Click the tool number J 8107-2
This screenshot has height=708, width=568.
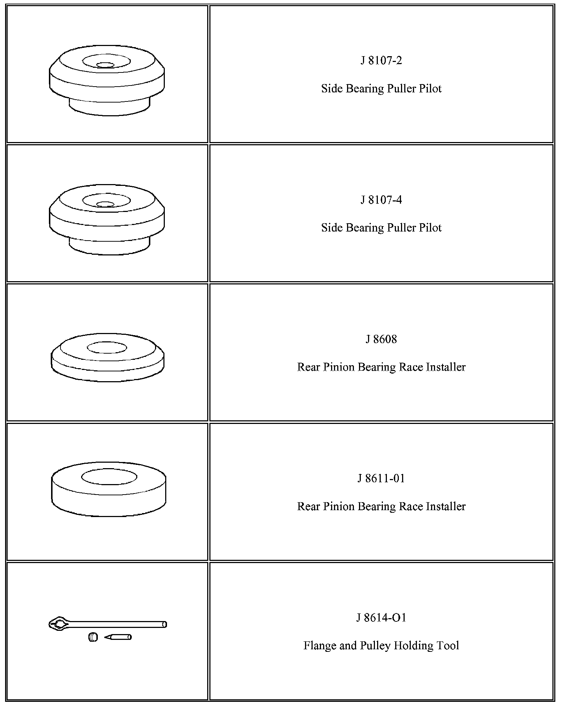pos(381,61)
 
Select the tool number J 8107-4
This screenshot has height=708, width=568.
pos(381,200)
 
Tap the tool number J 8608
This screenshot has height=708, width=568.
pos(381,339)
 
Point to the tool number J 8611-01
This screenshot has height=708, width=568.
pos(381,478)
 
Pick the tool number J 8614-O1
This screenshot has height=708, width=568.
pos(381,617)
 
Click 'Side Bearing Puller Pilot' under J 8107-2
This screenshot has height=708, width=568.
pos(381,89)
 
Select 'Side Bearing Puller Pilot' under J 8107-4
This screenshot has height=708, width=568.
pos(381,228)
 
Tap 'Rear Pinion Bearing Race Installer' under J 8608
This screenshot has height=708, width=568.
pos(381,367)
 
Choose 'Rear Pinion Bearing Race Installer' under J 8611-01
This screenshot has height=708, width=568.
pos(381,506)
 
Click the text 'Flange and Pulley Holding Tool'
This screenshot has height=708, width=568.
pos(381,645)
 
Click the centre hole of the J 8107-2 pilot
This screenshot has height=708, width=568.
pos(105,65)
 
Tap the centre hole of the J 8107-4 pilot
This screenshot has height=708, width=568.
pos(105,204)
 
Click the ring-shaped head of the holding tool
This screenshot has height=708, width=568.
pos(59,624)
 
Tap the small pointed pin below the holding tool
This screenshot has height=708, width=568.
pos(118,637)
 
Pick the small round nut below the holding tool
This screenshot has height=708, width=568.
pos(93,637)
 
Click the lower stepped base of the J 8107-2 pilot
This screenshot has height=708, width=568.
pos(109,107)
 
